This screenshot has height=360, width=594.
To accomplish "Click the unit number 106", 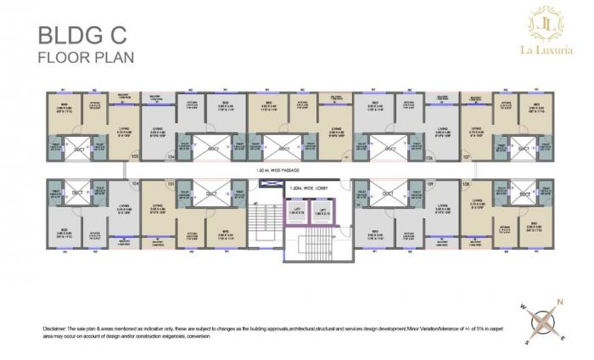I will pyautogui.click(x=429, y=158).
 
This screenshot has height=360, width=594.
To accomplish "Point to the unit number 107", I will pyautogui.click(x=465, y=157).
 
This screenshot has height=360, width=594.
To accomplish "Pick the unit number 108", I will pyautogui.click(x=465, y=184).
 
